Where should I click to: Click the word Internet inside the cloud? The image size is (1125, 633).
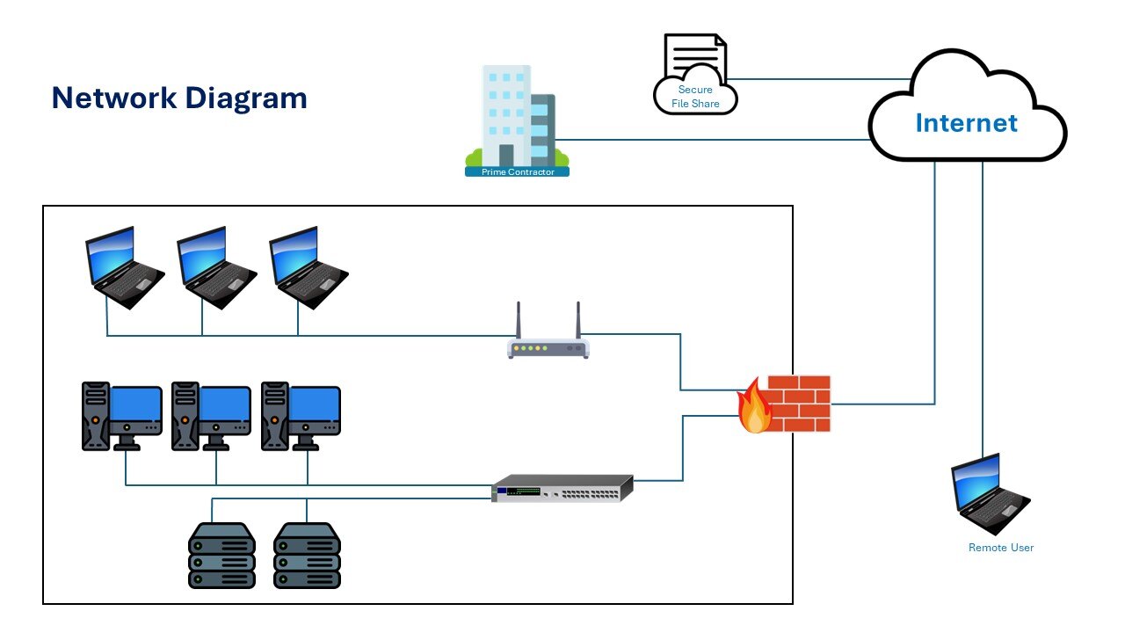(966, 123)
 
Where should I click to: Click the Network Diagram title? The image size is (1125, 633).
(179, 98)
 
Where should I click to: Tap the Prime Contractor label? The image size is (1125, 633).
(518, 171)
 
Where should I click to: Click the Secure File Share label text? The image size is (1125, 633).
(695, 97)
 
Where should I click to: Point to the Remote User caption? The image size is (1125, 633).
(1001, 548)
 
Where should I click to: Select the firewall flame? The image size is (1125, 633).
(754, 407)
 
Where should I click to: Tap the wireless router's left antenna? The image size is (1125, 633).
(519, 322)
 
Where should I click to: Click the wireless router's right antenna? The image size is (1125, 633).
(578, 322)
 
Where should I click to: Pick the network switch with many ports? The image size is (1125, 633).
(562, 488)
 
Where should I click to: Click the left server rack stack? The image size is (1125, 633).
(221, 556)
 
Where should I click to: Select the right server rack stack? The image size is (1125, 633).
(307, 556)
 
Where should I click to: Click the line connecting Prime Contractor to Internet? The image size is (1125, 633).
(712, 140)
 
